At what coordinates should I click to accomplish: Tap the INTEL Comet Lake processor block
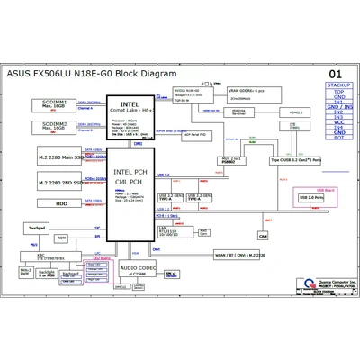tap(130, 118)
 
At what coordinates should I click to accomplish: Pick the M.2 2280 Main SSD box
tap(58, 158)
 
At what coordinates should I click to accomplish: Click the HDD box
tap(58, 203)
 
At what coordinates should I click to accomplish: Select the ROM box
tap(61, 238)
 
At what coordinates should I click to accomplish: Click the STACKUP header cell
tap(338, 84)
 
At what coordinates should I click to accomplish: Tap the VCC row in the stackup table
tap(338, 120)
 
